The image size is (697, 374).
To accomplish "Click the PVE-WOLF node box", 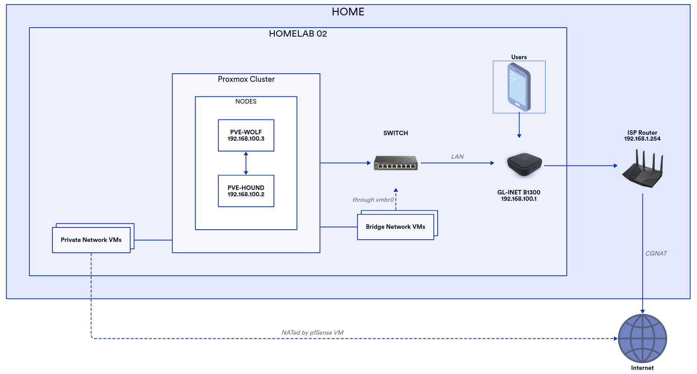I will [246, 135].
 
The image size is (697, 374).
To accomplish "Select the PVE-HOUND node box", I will [246, 191].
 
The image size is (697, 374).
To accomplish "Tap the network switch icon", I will [396, 163].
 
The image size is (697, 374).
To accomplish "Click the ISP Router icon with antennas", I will [642, 170].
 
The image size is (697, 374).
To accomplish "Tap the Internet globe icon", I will [642, 338].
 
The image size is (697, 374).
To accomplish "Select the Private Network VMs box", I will [91, 240].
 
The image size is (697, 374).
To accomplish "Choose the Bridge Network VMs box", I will [396, 227].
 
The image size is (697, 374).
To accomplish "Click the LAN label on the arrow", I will [457, 156].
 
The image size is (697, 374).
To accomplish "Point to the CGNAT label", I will [656, 253].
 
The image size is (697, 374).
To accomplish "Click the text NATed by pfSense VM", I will [312, 332].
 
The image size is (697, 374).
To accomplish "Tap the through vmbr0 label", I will [373, 199].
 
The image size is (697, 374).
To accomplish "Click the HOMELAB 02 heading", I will [298, 34].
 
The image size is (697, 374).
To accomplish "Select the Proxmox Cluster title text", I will [246, 79].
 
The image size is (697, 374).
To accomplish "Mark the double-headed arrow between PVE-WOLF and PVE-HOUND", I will [246, 163].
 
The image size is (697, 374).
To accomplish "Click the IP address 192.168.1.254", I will [642, 139].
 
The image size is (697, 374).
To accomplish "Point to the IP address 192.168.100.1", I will [519, 199].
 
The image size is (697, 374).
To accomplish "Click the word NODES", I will [246, 101].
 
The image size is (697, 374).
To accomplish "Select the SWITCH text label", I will [396, 133].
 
